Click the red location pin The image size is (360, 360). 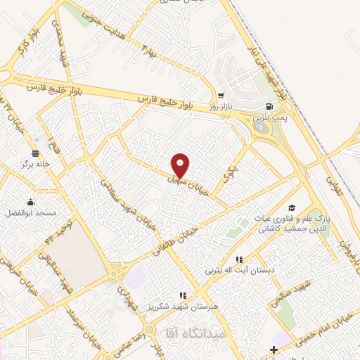point(181,165)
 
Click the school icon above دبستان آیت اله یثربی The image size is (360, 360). point(238,259)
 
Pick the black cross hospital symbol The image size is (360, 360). point(274,349)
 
